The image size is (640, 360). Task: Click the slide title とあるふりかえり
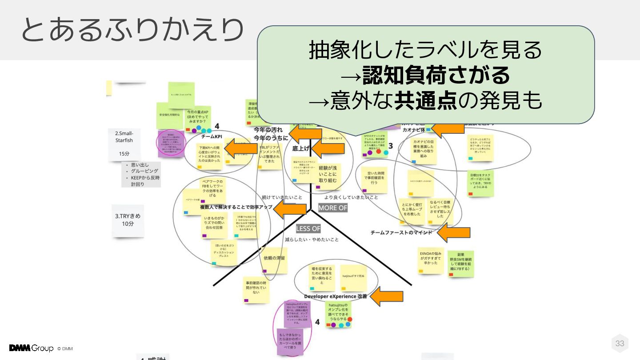click(x=132, y=30)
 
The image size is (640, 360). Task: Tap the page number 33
click(x=620, y=343)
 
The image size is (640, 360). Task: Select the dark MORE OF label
click(x=332, y=208)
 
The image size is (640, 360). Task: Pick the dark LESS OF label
click(x=308, y=228)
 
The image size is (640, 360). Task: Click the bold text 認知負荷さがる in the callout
click(x=436, y=76)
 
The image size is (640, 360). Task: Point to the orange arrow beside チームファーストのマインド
click(x=454, y=232)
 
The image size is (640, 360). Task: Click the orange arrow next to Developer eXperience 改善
click(x=387, y=296)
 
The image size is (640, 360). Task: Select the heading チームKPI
click(x=212, y=136)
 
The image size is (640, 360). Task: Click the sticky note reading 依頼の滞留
click(x=274, y=258)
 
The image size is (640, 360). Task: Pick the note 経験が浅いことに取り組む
click(x=328, y=174)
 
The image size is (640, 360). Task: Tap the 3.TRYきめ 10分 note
click(x=128, y=220)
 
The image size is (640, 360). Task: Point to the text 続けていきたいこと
click(x=282, y=197)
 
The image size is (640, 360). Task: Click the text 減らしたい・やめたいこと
click(x=312, y=240)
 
